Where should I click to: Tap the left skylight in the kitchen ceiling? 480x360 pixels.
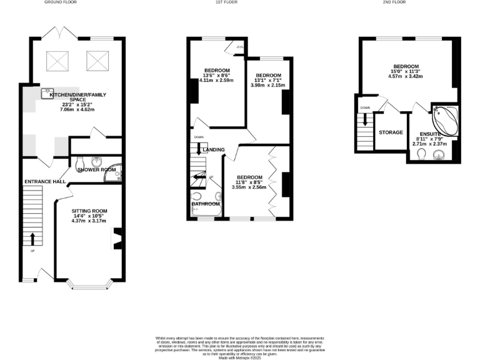pyautogui.click(x=59, y=61)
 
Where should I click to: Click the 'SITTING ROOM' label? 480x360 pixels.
pyautogui.click(x=89, y=211)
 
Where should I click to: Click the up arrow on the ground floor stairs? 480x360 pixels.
pyautogui.click(x=32, y=239)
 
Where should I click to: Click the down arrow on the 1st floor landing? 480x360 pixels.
pyautogui.click(x=199, y=149)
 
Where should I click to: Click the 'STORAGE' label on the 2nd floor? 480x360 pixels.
pyautogui.click(x=390, y=132)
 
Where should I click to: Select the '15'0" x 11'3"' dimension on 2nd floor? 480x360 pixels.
pyautogui.click(x=406, y=71)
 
